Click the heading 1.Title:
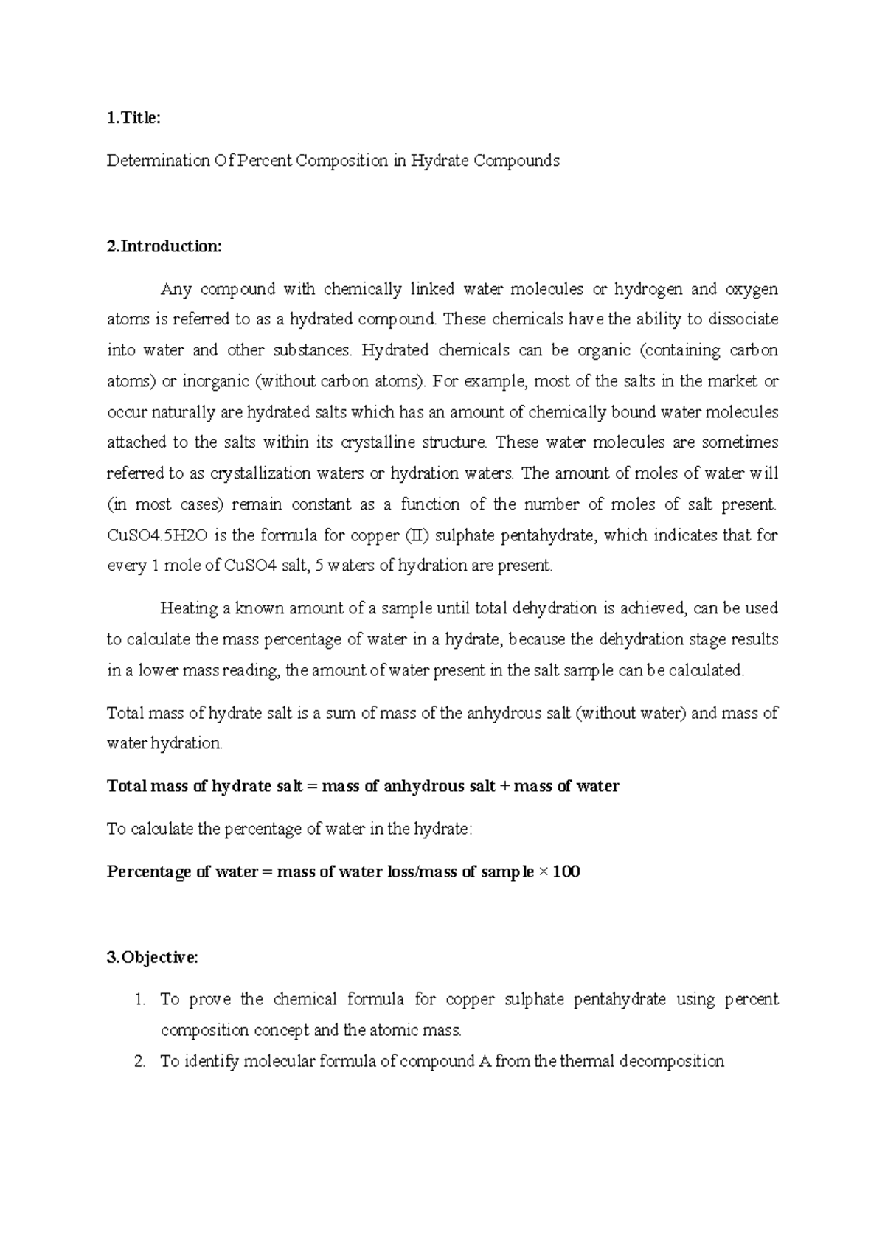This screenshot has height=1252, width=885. (x=133, y=118)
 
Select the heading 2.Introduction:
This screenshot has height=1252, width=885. (x=164, y=246)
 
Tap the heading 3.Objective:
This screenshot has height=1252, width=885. (x=152, y=958)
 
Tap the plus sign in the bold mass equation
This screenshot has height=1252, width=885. (x=504, y=787)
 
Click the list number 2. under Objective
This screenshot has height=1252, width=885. (x=140, y=1063)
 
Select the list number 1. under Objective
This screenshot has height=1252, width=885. (x=140, y=1001)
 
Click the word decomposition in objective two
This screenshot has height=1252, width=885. (x=672, y=1063)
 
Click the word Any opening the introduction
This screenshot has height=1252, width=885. (x=176, y=290)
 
